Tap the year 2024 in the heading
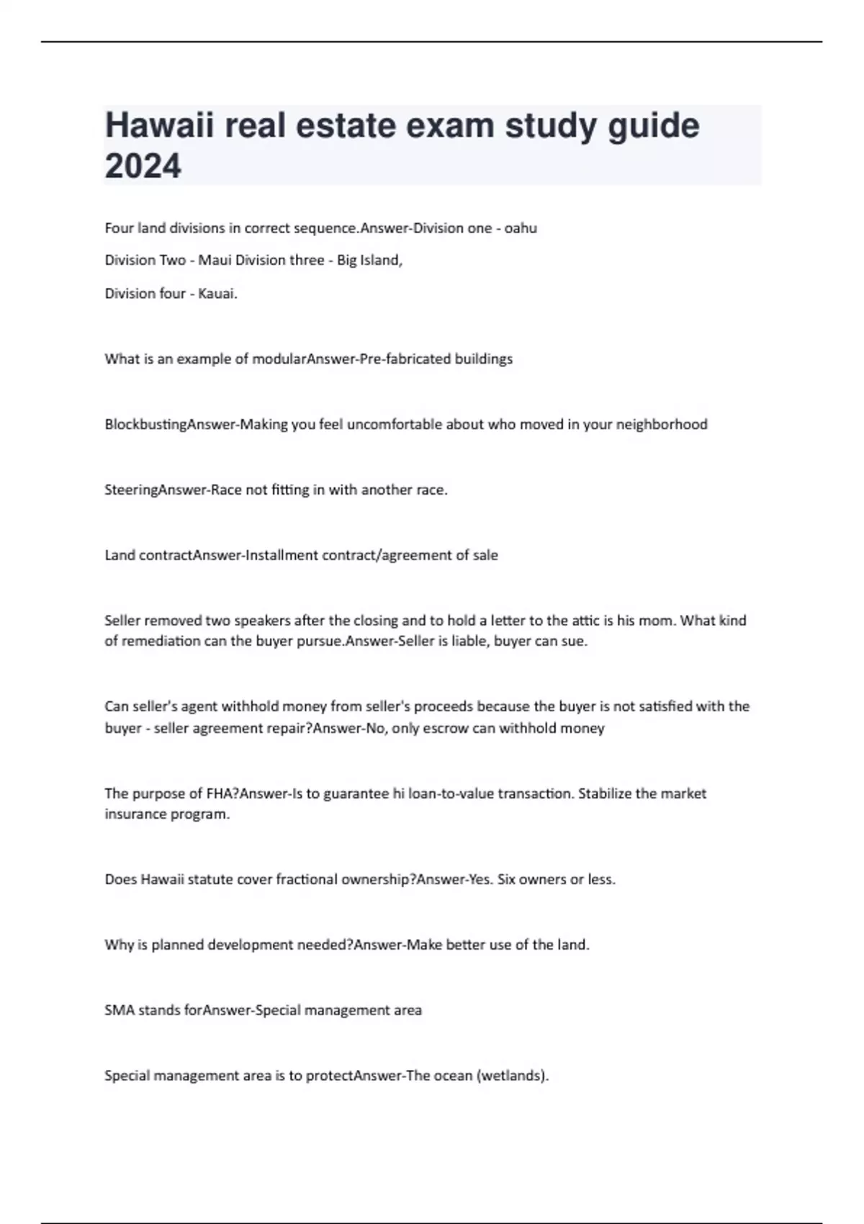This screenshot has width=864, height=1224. tap(143, 166)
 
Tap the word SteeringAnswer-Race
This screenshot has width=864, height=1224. tap(173, 490)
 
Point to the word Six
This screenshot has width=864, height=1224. tap(506, 879)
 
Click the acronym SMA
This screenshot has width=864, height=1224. tap(120, 1010)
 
